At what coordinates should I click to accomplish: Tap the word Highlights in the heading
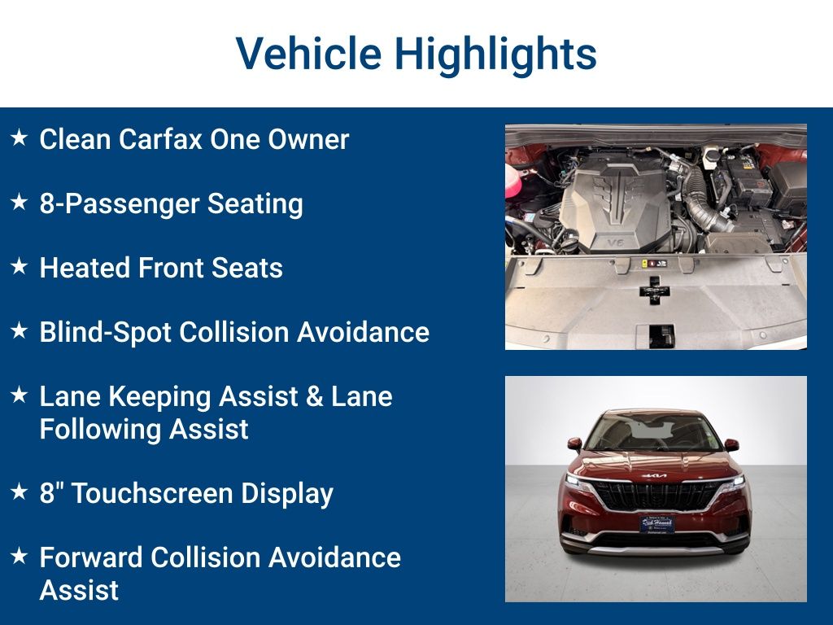pos(495,55)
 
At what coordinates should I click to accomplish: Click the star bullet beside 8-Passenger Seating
pos(19,203)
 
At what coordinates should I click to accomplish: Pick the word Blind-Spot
pos(104,332)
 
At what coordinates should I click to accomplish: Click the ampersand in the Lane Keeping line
pos(315,397)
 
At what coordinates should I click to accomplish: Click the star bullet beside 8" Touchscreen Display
pos(19,492)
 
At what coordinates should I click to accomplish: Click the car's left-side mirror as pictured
pos(575,445)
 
